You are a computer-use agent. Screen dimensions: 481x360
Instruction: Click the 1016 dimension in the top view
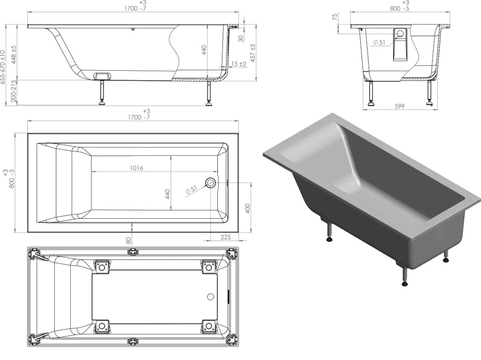[x=136, y=168]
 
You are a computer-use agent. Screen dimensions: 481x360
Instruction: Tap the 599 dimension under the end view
[x=400, y=106]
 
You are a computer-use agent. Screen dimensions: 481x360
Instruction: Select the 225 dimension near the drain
[x=225, y=237]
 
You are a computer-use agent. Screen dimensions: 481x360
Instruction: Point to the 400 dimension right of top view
[x=248, y=208]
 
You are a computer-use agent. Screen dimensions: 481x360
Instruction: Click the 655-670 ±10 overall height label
[x=3, y=67]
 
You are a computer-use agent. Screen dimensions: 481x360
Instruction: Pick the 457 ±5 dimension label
[x=253, y=53]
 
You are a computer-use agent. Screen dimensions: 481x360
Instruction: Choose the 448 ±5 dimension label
[x=14, y=54]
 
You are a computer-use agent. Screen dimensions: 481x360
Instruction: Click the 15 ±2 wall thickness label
[x=238, y=64]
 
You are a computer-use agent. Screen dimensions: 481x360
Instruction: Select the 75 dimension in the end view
[x=335, y=17]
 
